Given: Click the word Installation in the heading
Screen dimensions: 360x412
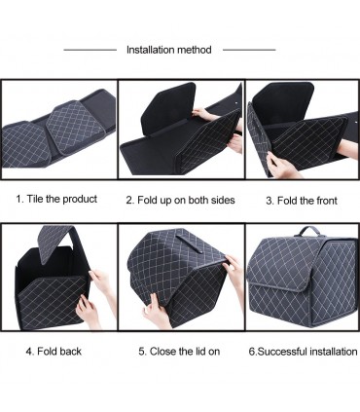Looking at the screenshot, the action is (x=151, y=50).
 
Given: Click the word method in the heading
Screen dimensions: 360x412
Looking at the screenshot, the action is (x=195, y=50).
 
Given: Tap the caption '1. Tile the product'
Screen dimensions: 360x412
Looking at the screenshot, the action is (x=56, y=199).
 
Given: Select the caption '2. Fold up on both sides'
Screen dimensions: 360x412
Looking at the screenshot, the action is (x=180, y=200).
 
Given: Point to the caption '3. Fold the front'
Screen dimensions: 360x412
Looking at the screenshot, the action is (x=302, y=201).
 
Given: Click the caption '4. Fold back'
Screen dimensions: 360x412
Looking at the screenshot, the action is (x=54, y=352).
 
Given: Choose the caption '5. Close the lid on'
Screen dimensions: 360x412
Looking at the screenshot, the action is (x=179, y=352).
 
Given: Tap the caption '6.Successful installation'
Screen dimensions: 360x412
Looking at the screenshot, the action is (x=303, y=352).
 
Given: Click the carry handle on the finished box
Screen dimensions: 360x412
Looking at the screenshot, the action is (x=306, y=231).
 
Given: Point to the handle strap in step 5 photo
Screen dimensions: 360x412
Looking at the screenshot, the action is (x=188, y=244).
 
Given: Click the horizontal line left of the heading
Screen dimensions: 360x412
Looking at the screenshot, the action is (x=90, y=50).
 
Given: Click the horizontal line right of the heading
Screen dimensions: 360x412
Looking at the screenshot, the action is (x=249, y=50).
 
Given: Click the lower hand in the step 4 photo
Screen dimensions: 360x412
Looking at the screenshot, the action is (x=89, y=312).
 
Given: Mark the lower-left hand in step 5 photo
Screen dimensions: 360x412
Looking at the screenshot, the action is (x=157, y=311).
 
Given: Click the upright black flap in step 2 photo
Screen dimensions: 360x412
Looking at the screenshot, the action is (x=168, y=108).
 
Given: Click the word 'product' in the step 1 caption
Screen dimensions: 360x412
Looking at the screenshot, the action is (x=80, y=199).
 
